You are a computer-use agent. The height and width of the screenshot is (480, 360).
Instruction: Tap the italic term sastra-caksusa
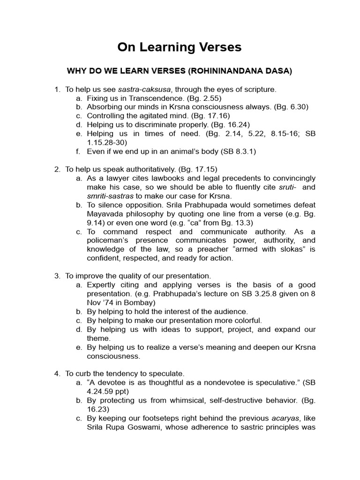point(144,89)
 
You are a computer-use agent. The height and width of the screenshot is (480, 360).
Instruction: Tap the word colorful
point(247,321)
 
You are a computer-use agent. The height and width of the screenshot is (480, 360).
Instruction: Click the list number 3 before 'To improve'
point(57,276)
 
